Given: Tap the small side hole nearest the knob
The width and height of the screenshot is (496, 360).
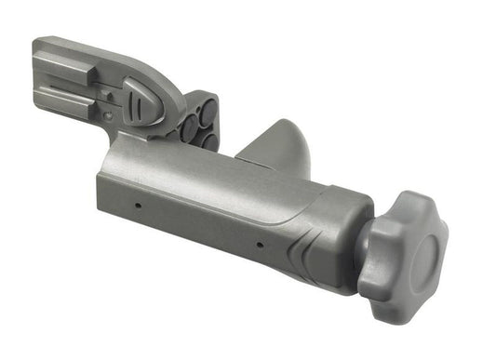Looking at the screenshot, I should click(259, 247).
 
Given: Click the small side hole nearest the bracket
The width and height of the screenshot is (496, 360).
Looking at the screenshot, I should click(137, 204).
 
